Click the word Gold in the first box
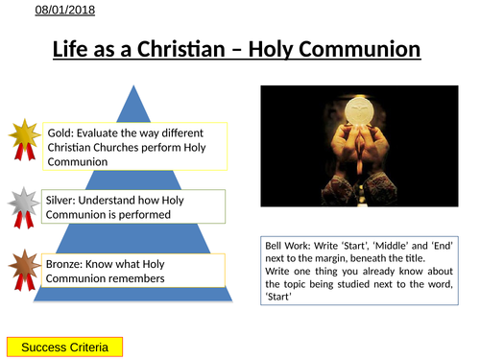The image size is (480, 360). tap(60, 131)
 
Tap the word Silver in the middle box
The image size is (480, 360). tap(63, 197)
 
